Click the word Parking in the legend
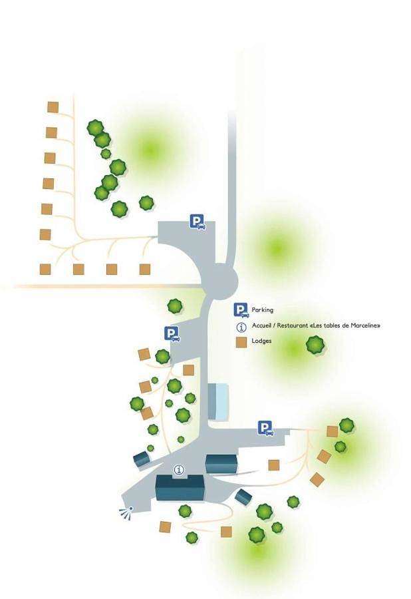pos(262,309)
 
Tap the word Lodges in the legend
pos(261,341)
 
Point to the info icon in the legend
pos(241,327)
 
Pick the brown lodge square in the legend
pos(241,342)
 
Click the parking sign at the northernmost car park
pos(198,222)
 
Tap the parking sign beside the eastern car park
pos(265,428)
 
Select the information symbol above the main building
pos(179,469)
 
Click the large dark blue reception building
pos(180,488)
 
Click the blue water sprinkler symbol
pos(126,512)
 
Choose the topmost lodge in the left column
pos(53,107)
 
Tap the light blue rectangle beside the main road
pos(218,402)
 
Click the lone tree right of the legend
pos(315,345)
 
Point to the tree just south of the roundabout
pos(175,306)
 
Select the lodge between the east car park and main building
pos(273,465)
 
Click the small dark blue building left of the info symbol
pos(141,459)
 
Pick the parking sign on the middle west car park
pos(172,334)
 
